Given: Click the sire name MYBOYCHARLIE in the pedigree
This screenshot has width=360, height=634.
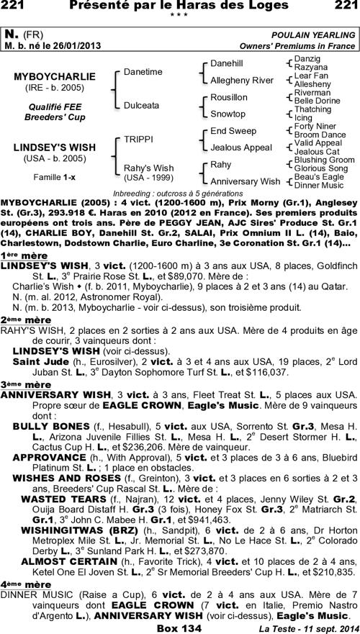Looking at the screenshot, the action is pyautogui.click(x=55, y=76).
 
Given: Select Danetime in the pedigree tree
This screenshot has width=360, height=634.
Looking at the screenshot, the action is pyautogui.click(x=143, y=72).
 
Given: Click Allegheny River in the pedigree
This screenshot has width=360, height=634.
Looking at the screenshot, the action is pyautogui.click(x=242, y=80).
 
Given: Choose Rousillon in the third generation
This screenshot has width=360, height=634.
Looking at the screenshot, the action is pyautogui.click(x=228, y=97).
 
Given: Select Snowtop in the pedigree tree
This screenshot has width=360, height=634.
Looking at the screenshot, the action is pyautogui.click(x=228, y=114).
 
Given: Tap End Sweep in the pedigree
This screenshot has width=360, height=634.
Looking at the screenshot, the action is pyautogui.click(x=233, y=131).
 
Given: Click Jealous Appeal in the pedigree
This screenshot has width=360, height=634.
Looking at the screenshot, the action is pyautogui.click(x=240, y=148).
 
